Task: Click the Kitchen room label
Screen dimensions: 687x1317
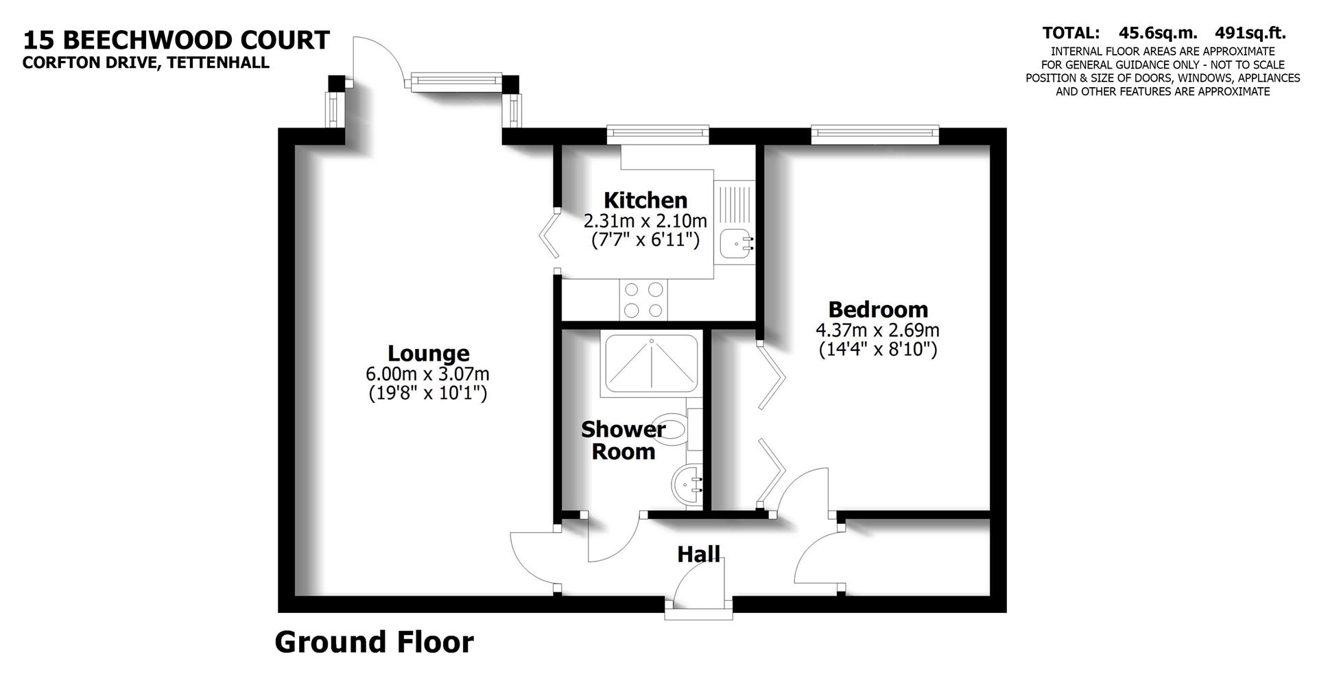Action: pos(645,200)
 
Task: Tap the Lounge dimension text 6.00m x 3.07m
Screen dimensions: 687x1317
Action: pos(428,374)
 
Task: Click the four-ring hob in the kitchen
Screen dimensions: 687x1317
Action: pos(644,300)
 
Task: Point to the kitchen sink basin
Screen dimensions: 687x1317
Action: pos(735,243)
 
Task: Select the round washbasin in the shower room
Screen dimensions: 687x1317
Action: pos(687,485)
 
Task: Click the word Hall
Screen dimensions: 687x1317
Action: pos(698,554)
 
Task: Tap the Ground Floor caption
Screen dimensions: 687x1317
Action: pos(374,642)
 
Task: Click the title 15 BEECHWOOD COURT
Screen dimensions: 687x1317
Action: pos(176,40)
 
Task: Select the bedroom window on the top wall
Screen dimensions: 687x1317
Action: pos(874,134)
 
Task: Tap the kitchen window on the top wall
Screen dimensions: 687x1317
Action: pos(657,134)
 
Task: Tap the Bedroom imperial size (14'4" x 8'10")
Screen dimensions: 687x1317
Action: pos(877,350)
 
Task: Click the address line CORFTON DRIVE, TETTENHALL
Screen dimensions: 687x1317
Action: pos(145,63)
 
